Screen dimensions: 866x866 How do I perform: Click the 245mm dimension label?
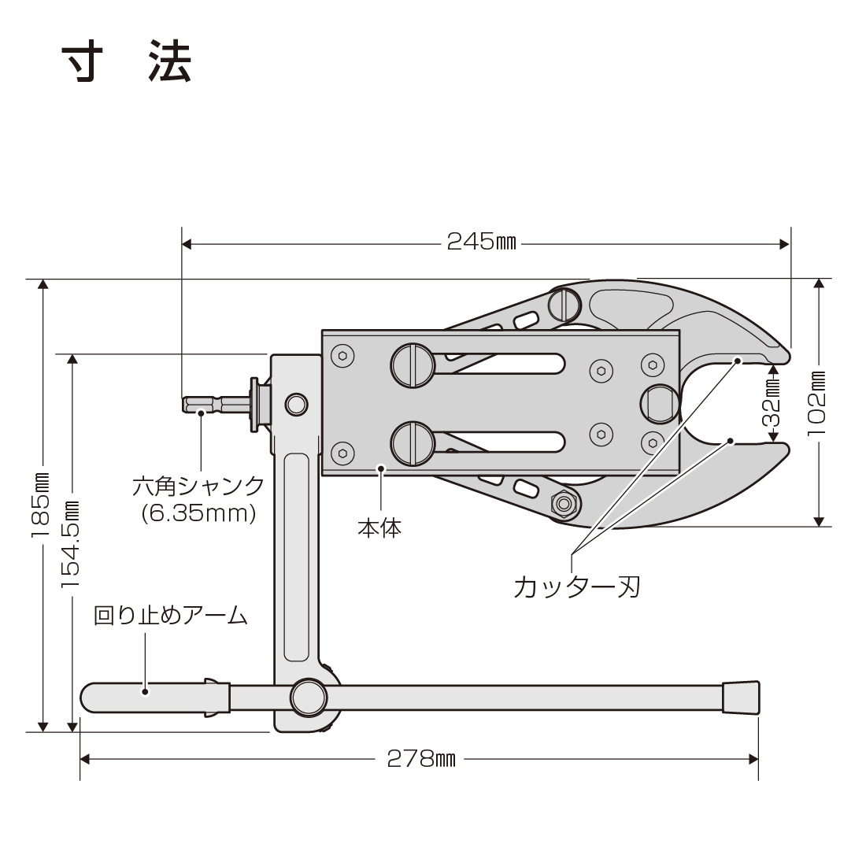(x=481, y=242)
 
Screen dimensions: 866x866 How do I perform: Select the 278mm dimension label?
(x=421, y=759)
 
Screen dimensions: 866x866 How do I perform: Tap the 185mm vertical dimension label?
(x=41, y=505)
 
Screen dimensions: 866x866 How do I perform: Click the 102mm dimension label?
(x=819, y=405)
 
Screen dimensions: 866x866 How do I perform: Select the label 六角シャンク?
(x=198, y=485)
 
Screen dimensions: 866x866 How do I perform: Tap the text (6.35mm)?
(x=199, y=514)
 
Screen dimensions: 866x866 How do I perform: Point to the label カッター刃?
(x=575, y=587)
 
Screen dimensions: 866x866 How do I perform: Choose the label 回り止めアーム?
(x=171, y=616)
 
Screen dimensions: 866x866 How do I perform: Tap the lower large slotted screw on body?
(x=413, y=443)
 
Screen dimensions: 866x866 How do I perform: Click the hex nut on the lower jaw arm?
(x=563, y=501)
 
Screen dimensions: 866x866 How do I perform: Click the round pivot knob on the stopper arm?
(x=308, y=697)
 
